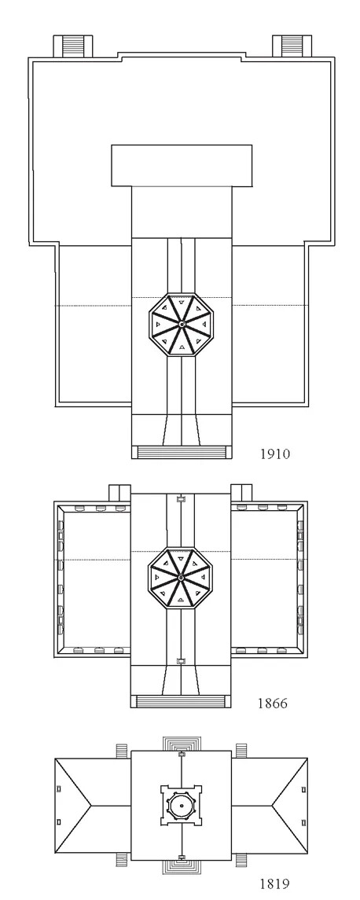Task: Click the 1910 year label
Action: pos(276,454)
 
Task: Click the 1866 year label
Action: pos(272,703)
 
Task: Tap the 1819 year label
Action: pos(274,884)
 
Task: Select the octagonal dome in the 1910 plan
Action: pos(181,325)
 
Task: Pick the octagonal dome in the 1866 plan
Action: pos(180,576)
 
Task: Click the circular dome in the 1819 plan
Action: pos(181,806)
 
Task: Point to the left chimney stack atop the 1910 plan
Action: pos(73,46)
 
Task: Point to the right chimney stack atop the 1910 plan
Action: pos(292,46)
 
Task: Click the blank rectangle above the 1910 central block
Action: pos(182,165)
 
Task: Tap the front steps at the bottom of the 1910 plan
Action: pos(182,452)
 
